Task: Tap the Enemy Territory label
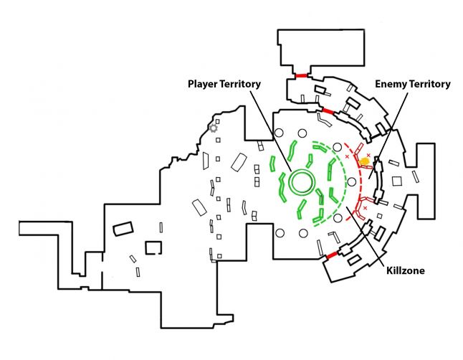tap(413, 85)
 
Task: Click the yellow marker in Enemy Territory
tap(365, 161)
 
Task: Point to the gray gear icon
tap(212, 128)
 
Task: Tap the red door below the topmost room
tap(301, 75)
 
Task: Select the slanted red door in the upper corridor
tap(328, 111)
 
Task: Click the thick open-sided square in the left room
tap(153, 247)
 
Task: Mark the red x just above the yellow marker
tap(369, 154)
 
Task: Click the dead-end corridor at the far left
tap(43, 229)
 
